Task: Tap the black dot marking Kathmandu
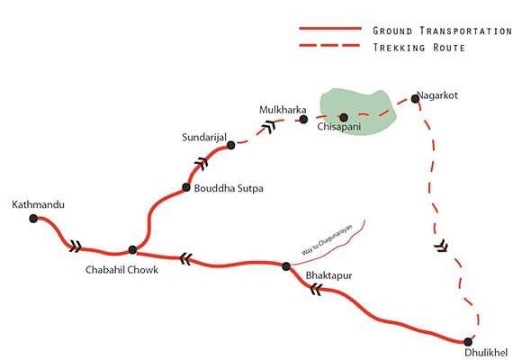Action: (x=33, y=218)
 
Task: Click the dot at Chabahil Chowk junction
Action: (x=132, y=249)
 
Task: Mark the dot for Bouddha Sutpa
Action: (x=186, y=188)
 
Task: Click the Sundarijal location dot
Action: (x=230, y=145)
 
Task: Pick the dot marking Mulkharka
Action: (x=303, y=119)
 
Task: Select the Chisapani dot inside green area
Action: (x=343, y=117)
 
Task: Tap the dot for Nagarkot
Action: (x=416, y=98)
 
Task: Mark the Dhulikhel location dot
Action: (x=468, y=342)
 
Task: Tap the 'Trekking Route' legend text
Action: (x=418, y=47)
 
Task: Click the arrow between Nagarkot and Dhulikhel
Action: (x=441, y=244)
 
